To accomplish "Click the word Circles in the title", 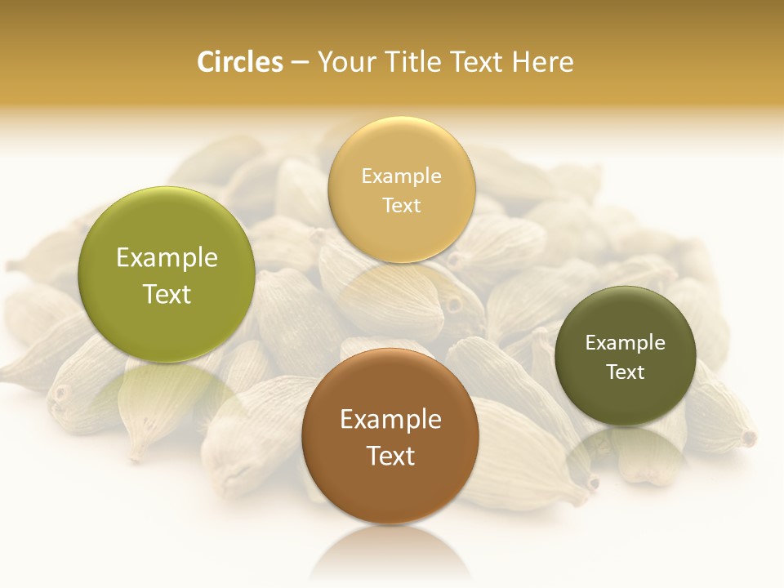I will pyautogui.click(x=240, y=62).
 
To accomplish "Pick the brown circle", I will pyautogui.click(x=390, y=490).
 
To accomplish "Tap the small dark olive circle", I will pyautogui.click(x=626, y=400).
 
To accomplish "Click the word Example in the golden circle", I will pyautogui.click(x=401, y=176).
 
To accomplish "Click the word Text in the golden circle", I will pyautogui.click(x=401, y=205).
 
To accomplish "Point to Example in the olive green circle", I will pyautogui.click(x=167, y=258).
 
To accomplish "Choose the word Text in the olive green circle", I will pyautogui.click(x=167, y=294).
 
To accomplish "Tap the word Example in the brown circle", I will pyautogui.click(x=390, y=420).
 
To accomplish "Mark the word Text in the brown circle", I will pyautogui.click(x=390, y=456).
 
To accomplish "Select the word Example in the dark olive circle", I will pyautogui.click(x=626, y=342).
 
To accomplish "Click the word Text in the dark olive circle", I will pyautogui.click(x=626, y=372).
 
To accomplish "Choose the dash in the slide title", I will pyautogui.click(x=300, y=63).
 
